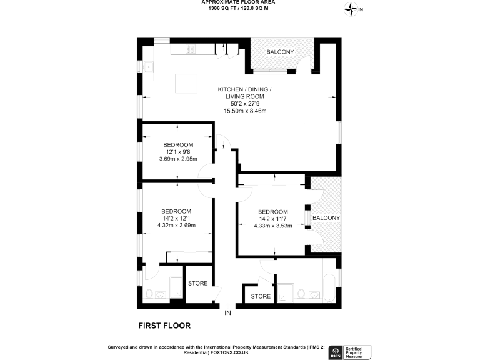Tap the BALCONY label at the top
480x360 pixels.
tap(280, 52)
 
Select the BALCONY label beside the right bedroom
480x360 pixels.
tap(326, 217)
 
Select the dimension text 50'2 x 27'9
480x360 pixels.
tap(245, 104)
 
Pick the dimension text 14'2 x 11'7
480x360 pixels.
tap(272, 219)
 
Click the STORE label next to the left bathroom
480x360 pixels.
tap(198, 284)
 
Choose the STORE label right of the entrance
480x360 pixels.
tap(261, 296)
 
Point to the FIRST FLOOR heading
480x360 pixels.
tap(164, 326)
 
